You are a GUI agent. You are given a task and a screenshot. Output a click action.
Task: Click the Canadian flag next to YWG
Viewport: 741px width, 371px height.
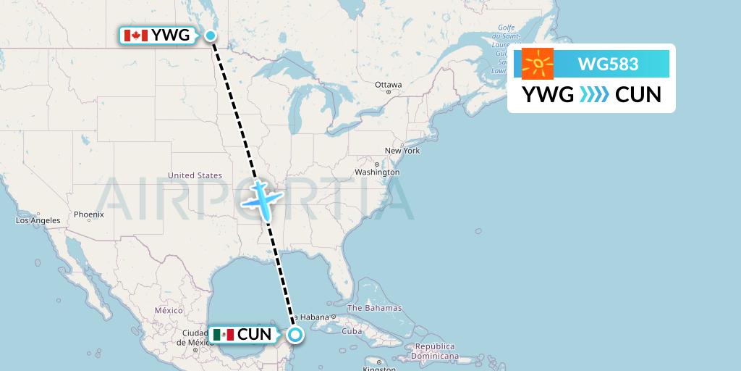point(136,35)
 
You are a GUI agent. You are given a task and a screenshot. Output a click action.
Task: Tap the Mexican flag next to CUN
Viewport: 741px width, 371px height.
point(224,334)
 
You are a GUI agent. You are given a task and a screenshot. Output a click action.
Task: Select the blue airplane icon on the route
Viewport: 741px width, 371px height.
point(260,199)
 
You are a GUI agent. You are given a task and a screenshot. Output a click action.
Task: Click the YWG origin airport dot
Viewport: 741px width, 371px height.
point(211,35)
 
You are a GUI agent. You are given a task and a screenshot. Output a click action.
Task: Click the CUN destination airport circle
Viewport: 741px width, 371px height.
point(295,334)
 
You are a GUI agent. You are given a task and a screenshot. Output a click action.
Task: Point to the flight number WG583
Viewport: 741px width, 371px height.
point(608,64)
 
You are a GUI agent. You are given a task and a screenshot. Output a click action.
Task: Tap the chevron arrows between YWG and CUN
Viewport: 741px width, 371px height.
point(594,94)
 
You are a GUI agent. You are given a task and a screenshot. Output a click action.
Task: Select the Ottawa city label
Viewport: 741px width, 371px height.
point(388,85)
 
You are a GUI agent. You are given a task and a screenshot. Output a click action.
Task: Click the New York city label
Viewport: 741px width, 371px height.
point(402,151)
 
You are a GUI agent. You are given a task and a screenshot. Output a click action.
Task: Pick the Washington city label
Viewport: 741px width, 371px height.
point(377,172)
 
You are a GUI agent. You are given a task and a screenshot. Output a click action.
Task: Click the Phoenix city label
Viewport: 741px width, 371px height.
point(89,214)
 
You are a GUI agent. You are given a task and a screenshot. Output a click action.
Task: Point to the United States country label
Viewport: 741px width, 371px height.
point(195,175)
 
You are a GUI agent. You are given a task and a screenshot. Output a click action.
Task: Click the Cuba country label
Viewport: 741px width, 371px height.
point(352,331)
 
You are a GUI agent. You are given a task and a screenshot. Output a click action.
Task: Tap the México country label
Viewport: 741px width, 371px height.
point(168,310)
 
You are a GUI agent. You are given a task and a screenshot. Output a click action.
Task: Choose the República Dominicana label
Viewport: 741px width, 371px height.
point(435,351)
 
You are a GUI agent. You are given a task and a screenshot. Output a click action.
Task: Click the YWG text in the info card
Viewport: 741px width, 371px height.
point(548,94)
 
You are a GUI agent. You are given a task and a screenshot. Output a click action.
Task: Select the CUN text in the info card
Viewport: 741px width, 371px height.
point(638,94)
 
